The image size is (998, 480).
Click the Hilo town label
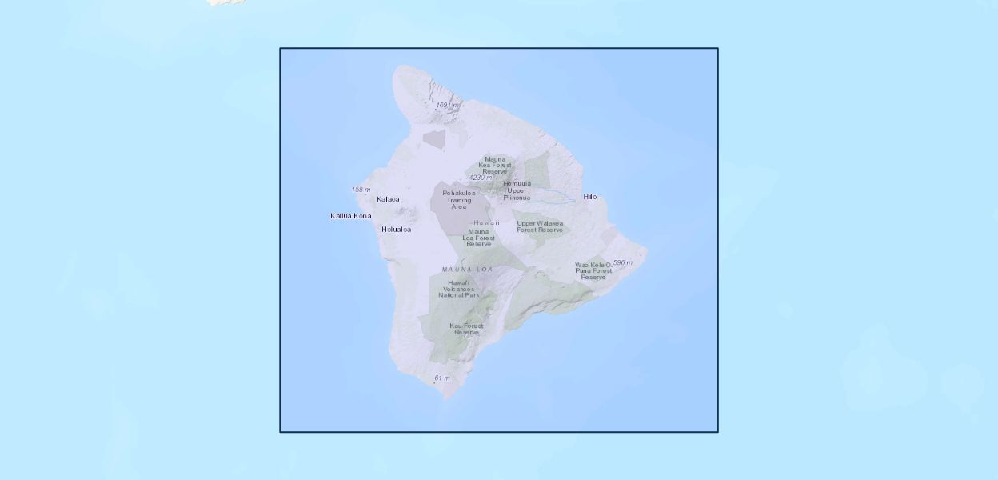[589, 197]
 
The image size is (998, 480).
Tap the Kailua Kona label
[350, 216]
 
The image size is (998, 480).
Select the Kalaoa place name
[388, 199]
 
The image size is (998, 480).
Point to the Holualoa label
[396, 230]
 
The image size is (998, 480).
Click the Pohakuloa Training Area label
[459, 200]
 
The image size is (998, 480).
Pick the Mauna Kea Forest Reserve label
[496, 165]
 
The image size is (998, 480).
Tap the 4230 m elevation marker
[480, 178]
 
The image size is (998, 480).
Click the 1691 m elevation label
[447, 105]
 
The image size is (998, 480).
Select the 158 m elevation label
[361, 190]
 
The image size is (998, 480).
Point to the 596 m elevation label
[622, 262]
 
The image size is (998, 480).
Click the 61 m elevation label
[441, 378]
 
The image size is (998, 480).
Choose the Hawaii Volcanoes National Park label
[459, 289]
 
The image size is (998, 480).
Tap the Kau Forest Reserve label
[466, 329]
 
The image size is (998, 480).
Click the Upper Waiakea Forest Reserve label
[540, 226]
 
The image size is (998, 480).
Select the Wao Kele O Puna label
[593, 270]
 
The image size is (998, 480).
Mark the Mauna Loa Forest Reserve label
[479, 238]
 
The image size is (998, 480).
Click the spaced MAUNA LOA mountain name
[468, 270]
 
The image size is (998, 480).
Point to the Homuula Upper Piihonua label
[517, 190]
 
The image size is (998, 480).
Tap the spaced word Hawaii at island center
[486, 222]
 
